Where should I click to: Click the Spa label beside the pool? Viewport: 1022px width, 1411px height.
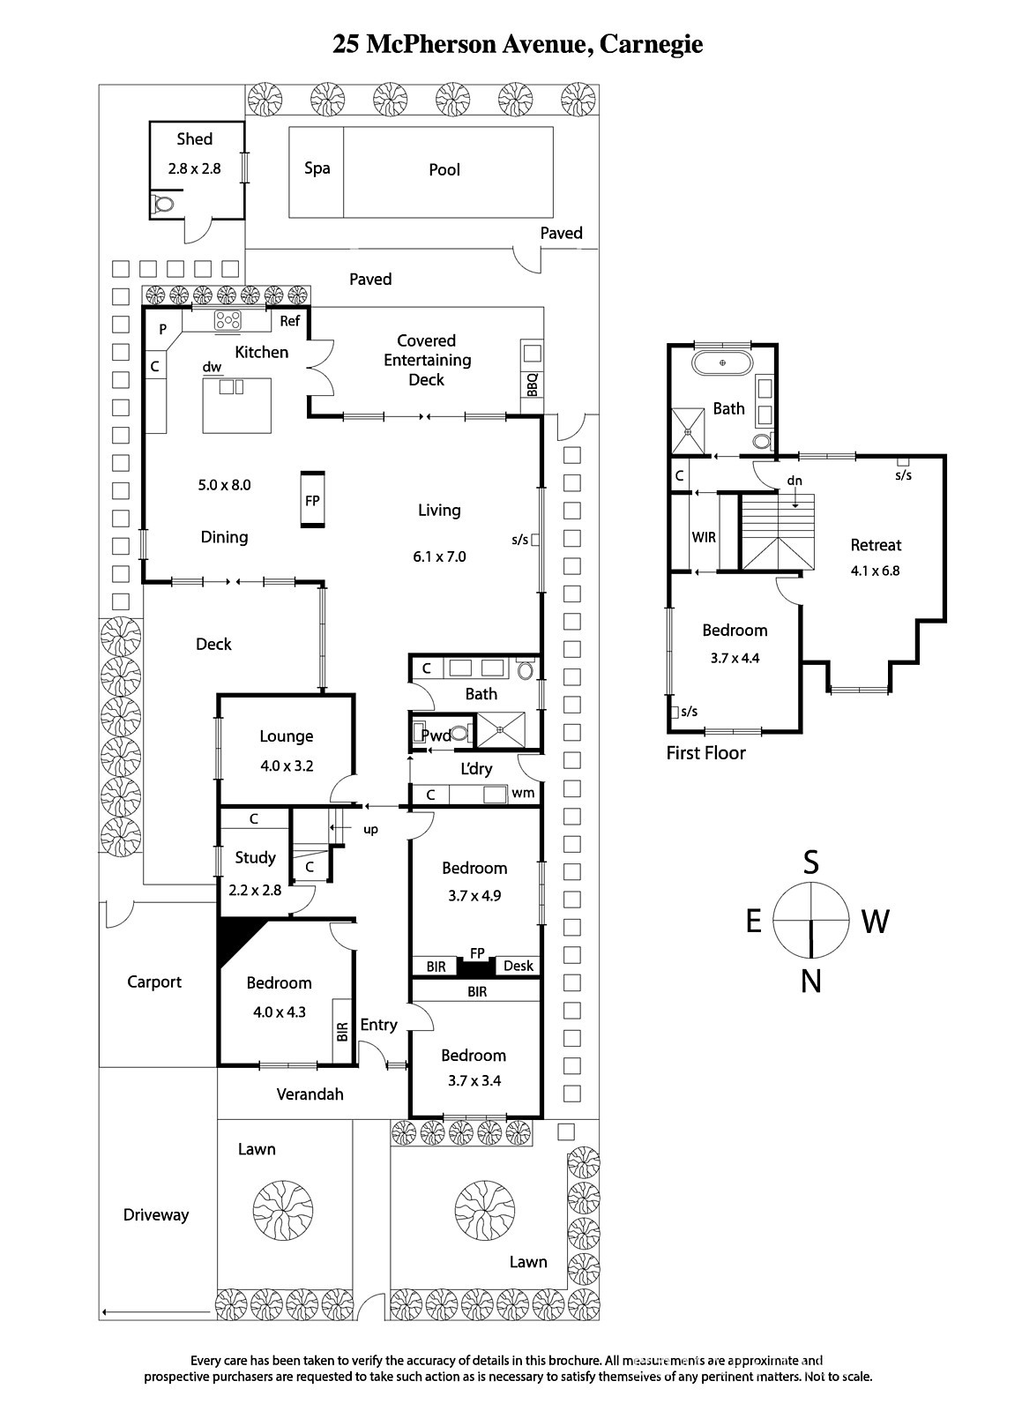[x=317, y=168]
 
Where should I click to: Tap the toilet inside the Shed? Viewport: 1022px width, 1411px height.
[x=163, y=204]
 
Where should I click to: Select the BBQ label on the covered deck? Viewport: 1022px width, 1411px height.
[x=532, y=384]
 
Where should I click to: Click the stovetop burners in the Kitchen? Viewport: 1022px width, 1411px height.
[x=228, y=321]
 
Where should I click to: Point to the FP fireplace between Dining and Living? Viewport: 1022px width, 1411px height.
[x=312, y=500]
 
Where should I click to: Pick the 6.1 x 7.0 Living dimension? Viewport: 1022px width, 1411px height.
[x=439, y=556]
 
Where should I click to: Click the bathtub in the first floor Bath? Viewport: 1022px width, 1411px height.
[x=722, y=362]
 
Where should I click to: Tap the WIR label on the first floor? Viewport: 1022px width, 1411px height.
[x=704, y=537]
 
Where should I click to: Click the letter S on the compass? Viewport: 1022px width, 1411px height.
[x=811, y=862]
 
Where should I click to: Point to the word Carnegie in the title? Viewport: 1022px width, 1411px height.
[x=651, y=45]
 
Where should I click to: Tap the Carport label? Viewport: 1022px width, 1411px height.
[x=154, y=982]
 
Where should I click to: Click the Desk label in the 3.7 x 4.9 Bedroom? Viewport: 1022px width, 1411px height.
[x=518, y=966]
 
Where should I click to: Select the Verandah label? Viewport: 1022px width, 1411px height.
[x=310, y=1094]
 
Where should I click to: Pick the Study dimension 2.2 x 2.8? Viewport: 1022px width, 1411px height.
[x=255, y=890]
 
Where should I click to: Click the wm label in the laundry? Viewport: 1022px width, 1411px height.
[x=523, y=794]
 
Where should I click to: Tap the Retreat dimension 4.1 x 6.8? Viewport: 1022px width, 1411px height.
[x=876, y=571]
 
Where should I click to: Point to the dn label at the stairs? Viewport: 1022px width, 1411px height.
[x=794, y=481]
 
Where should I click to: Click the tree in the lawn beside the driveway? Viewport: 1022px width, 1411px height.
[x=283, y=1211]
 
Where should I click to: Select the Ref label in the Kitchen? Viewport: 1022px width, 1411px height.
[x=289, y=321]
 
